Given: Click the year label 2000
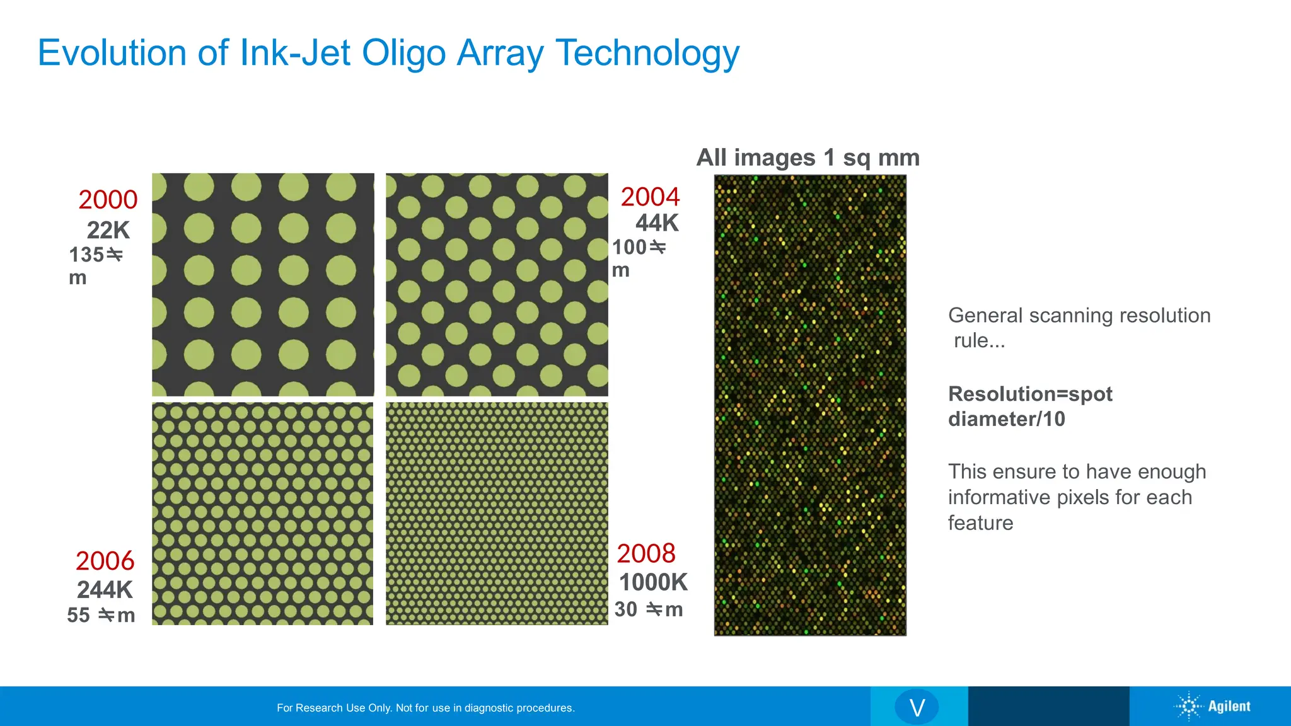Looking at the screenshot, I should (x=108, y=200).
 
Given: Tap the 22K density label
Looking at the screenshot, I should (x=108, y=230).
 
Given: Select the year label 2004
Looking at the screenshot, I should (x=650, y=197).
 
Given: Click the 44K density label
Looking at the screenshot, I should (x=657, y=223).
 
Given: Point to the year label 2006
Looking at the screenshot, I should (x=105, y=561).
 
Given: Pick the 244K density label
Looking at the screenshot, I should (x=105, y=590).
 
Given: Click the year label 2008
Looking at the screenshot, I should (x=646, y=553).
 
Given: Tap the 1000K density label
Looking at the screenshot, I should (x=653, y=582).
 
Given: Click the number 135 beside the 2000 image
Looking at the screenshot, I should (x=86, y=255).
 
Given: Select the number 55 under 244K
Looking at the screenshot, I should (x=78, y=615).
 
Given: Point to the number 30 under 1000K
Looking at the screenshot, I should (x=626, y=609).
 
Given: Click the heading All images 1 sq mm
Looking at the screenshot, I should (x=808, y=158).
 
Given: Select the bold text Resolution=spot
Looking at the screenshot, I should (x=1030, y=394).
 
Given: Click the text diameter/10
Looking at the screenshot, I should (x=1007, y=419).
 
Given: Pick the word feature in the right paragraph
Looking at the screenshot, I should (x=980, y=523).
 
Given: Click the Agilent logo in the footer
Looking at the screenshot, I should (x=1213, y=706).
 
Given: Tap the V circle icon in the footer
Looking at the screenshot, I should (x=917, y=707).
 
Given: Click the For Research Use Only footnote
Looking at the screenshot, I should (x=426, y=708).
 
